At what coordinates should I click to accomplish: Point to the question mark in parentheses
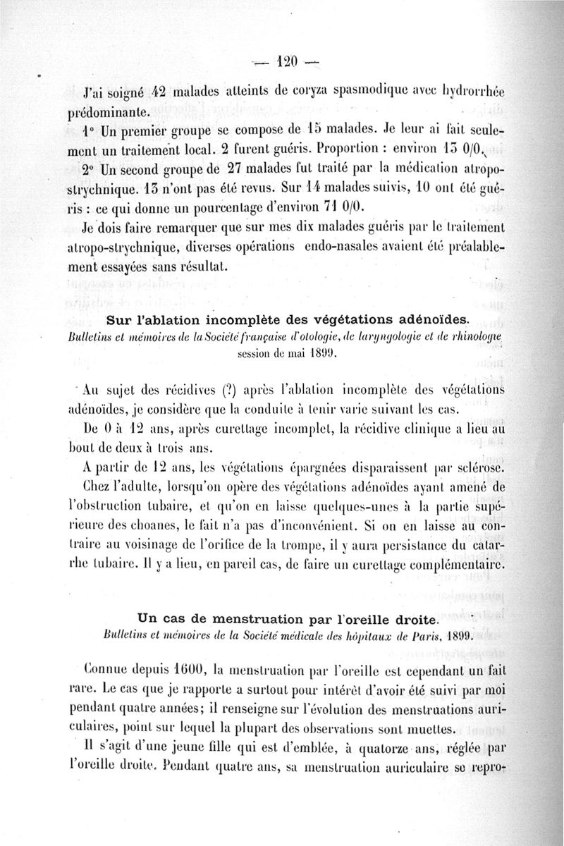tap(232, 388)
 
